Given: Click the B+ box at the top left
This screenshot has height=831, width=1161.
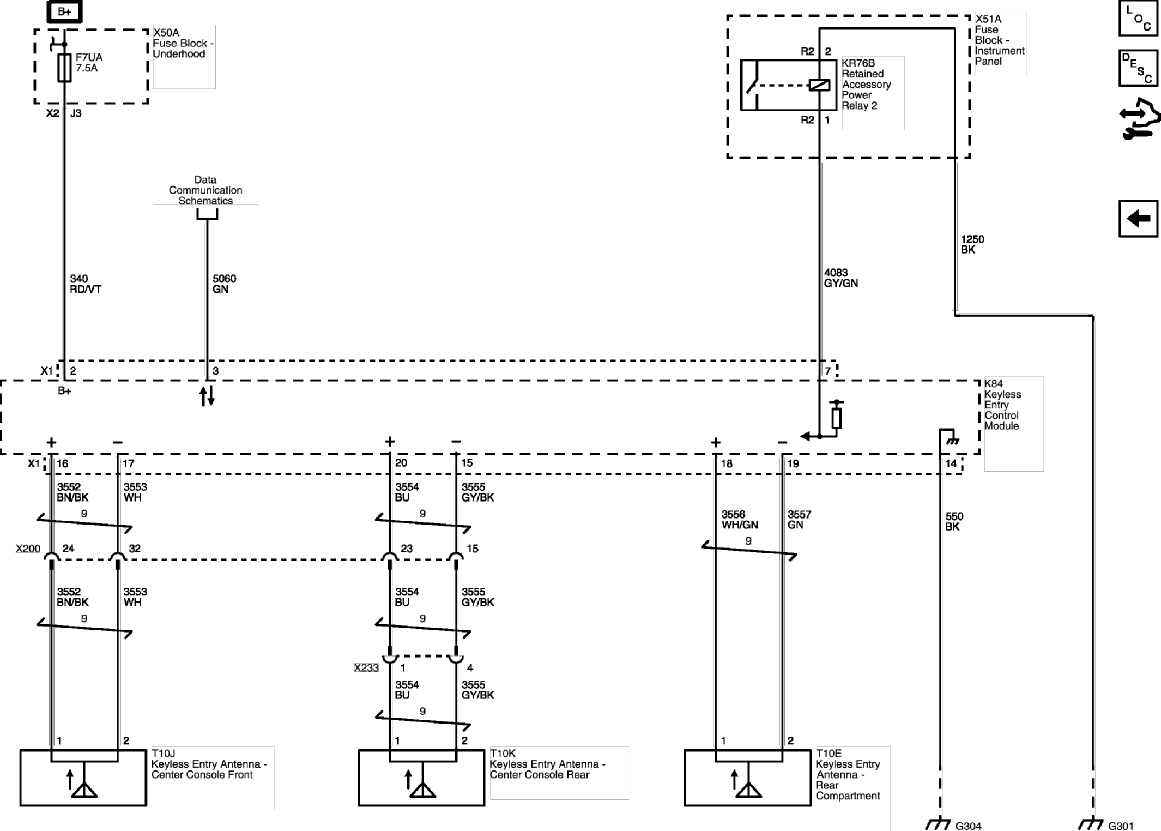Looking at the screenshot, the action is pyautogui.click(x=64, y=11).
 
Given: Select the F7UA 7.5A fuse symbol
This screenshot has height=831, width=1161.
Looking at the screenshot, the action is pyautogui.click(x=64, y=68).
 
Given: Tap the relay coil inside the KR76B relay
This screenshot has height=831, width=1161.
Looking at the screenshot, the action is pyautogui.click(x=819, y=85).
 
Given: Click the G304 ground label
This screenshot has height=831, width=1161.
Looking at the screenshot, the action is pyautogui.click(x=968, y=826).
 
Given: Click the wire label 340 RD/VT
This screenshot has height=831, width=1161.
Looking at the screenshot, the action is pyautogui.click(x=86, y=284).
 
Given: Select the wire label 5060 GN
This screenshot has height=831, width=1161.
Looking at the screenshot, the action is pyautogui.click(x=224, y=284).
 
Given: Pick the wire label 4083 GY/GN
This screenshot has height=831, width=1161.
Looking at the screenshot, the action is pyautogui.click(x=840, y=278).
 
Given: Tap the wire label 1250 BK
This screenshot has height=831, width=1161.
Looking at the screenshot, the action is pyautogui.click(x=972, y=244).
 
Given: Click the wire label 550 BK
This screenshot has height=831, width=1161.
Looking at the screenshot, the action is pyautogui.click(x=954, y=521).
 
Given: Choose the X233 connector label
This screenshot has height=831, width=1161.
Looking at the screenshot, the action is pyautogui.click(x=366, y=668).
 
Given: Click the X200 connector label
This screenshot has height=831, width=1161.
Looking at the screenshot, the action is pyautogui.click(x=28, y=549).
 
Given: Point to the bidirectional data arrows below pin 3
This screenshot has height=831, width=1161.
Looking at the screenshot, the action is pyautogui.click(x=207, y=396).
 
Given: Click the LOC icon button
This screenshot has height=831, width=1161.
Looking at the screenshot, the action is pyautogui.click(x=1138, y=18).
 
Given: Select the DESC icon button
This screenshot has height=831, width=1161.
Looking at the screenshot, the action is pyautogui.click(x=1138, y=68).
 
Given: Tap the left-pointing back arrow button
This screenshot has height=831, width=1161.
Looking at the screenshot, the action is pyautogui.click(x=1138, y=219).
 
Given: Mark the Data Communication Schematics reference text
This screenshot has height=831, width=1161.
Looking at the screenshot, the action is pyautogui.click(x=205, y=190).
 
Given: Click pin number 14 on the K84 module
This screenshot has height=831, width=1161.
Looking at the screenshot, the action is pyautogui.click(x=951, y=463).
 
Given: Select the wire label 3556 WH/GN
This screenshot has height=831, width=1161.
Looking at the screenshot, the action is pyautogui.click(x=740, y=520).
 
